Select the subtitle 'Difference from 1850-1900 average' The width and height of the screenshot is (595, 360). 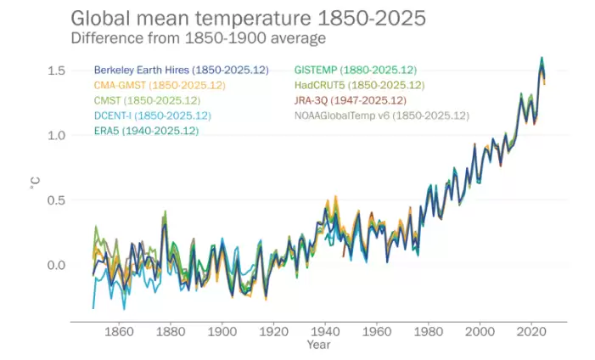pos(198,38)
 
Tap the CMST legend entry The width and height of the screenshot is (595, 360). pos(146,100)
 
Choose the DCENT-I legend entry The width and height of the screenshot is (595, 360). pos(152,115)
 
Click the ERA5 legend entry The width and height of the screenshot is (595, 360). pos(146,130)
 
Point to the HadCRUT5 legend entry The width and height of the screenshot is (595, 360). pos(359,85)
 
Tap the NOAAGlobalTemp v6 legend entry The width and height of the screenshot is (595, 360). pos(381,115)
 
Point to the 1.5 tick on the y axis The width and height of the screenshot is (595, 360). pos(57,70)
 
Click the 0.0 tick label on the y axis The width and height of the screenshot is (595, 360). pos(57,266)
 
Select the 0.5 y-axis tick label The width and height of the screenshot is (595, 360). pos(57,200)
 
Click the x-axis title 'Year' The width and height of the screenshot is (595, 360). pos(318,346)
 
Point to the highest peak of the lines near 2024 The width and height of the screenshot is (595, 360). pos(542,58)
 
